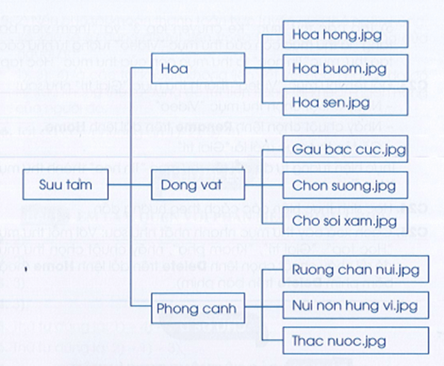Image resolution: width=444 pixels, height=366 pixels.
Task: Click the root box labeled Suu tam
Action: (x=65, y=184)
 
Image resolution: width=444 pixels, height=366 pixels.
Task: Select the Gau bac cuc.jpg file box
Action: (x=348, y=148)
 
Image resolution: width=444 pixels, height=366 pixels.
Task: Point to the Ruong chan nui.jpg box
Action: (x=353, y=270)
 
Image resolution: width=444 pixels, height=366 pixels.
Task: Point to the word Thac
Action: (x=307, y=339)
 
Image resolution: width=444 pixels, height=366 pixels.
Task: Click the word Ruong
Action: (x=311, y=270)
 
